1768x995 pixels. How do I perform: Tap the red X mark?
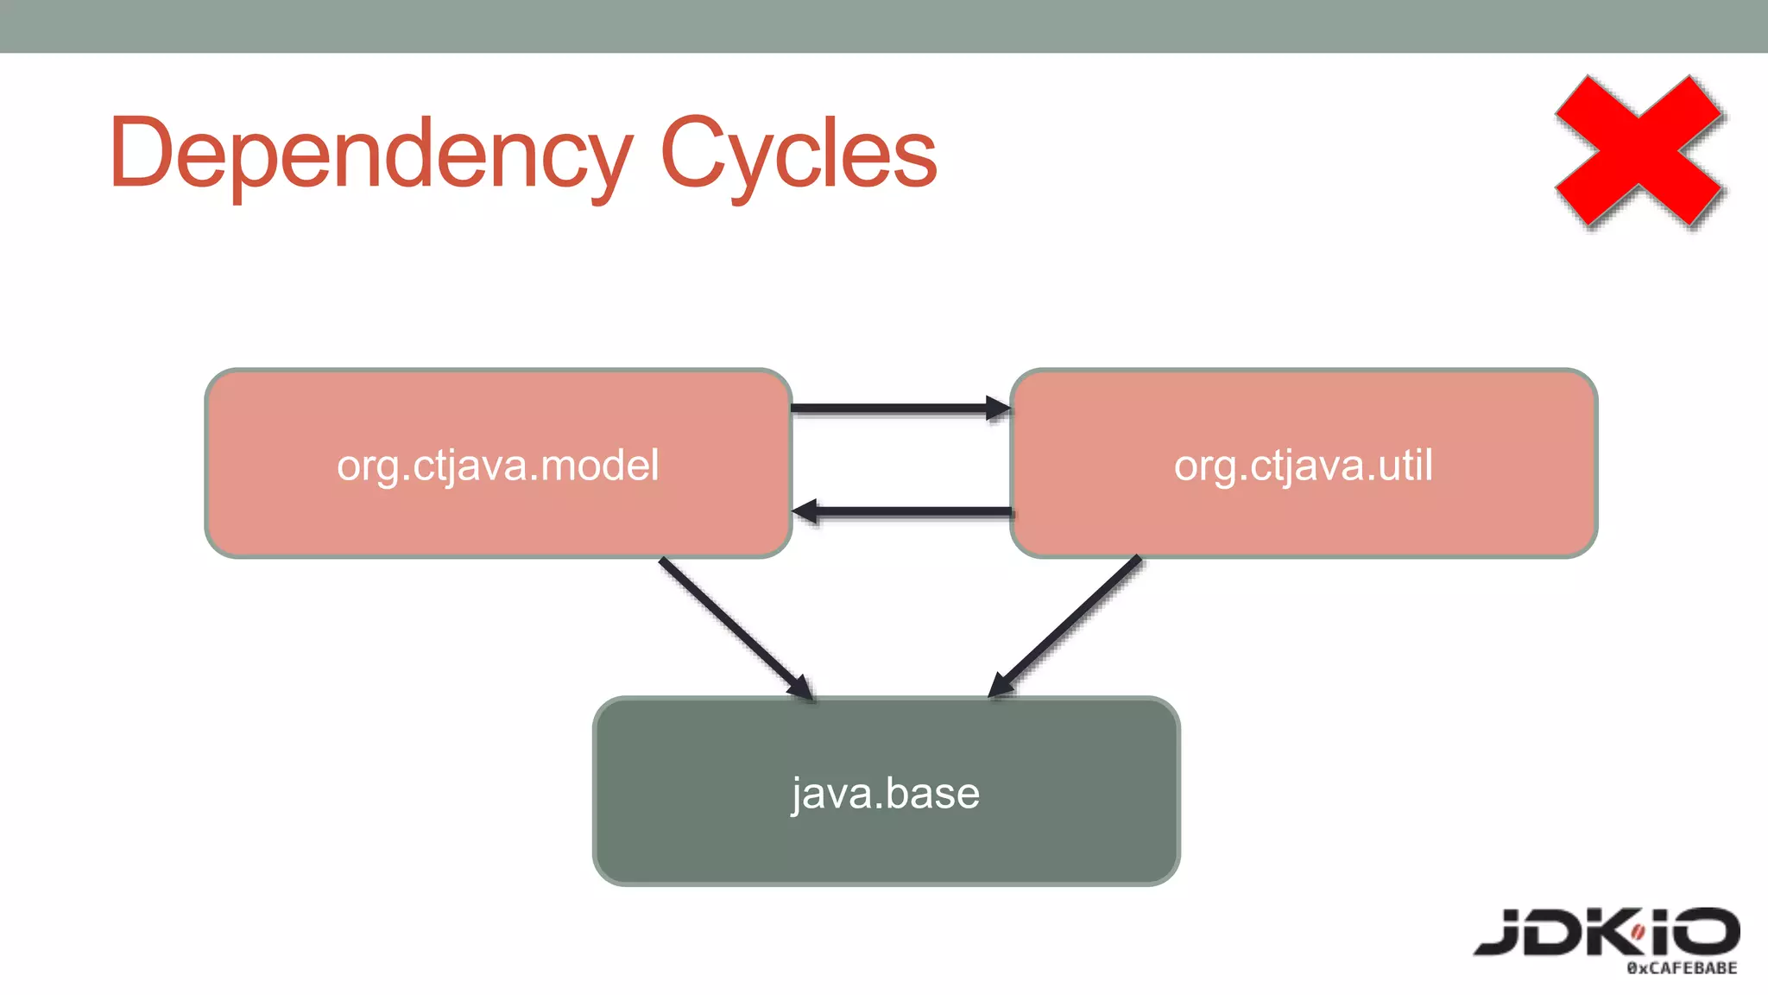[x=1639, y=151]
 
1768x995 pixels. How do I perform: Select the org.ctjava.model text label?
[x=498, y=466]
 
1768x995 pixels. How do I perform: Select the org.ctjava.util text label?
[x=1304, y=466]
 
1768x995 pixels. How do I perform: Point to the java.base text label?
[x=886, y=793]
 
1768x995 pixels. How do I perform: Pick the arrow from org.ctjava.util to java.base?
[x=1067, y=625]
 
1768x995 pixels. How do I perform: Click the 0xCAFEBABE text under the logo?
[x=1682, y=968]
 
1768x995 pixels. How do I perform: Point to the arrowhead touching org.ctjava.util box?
[x=999, y=409]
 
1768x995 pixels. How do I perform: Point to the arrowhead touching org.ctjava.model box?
[x=805, y=511]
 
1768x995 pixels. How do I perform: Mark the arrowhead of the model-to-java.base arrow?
[x=800, y=687]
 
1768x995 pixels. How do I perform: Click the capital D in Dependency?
[x=142, y=154]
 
